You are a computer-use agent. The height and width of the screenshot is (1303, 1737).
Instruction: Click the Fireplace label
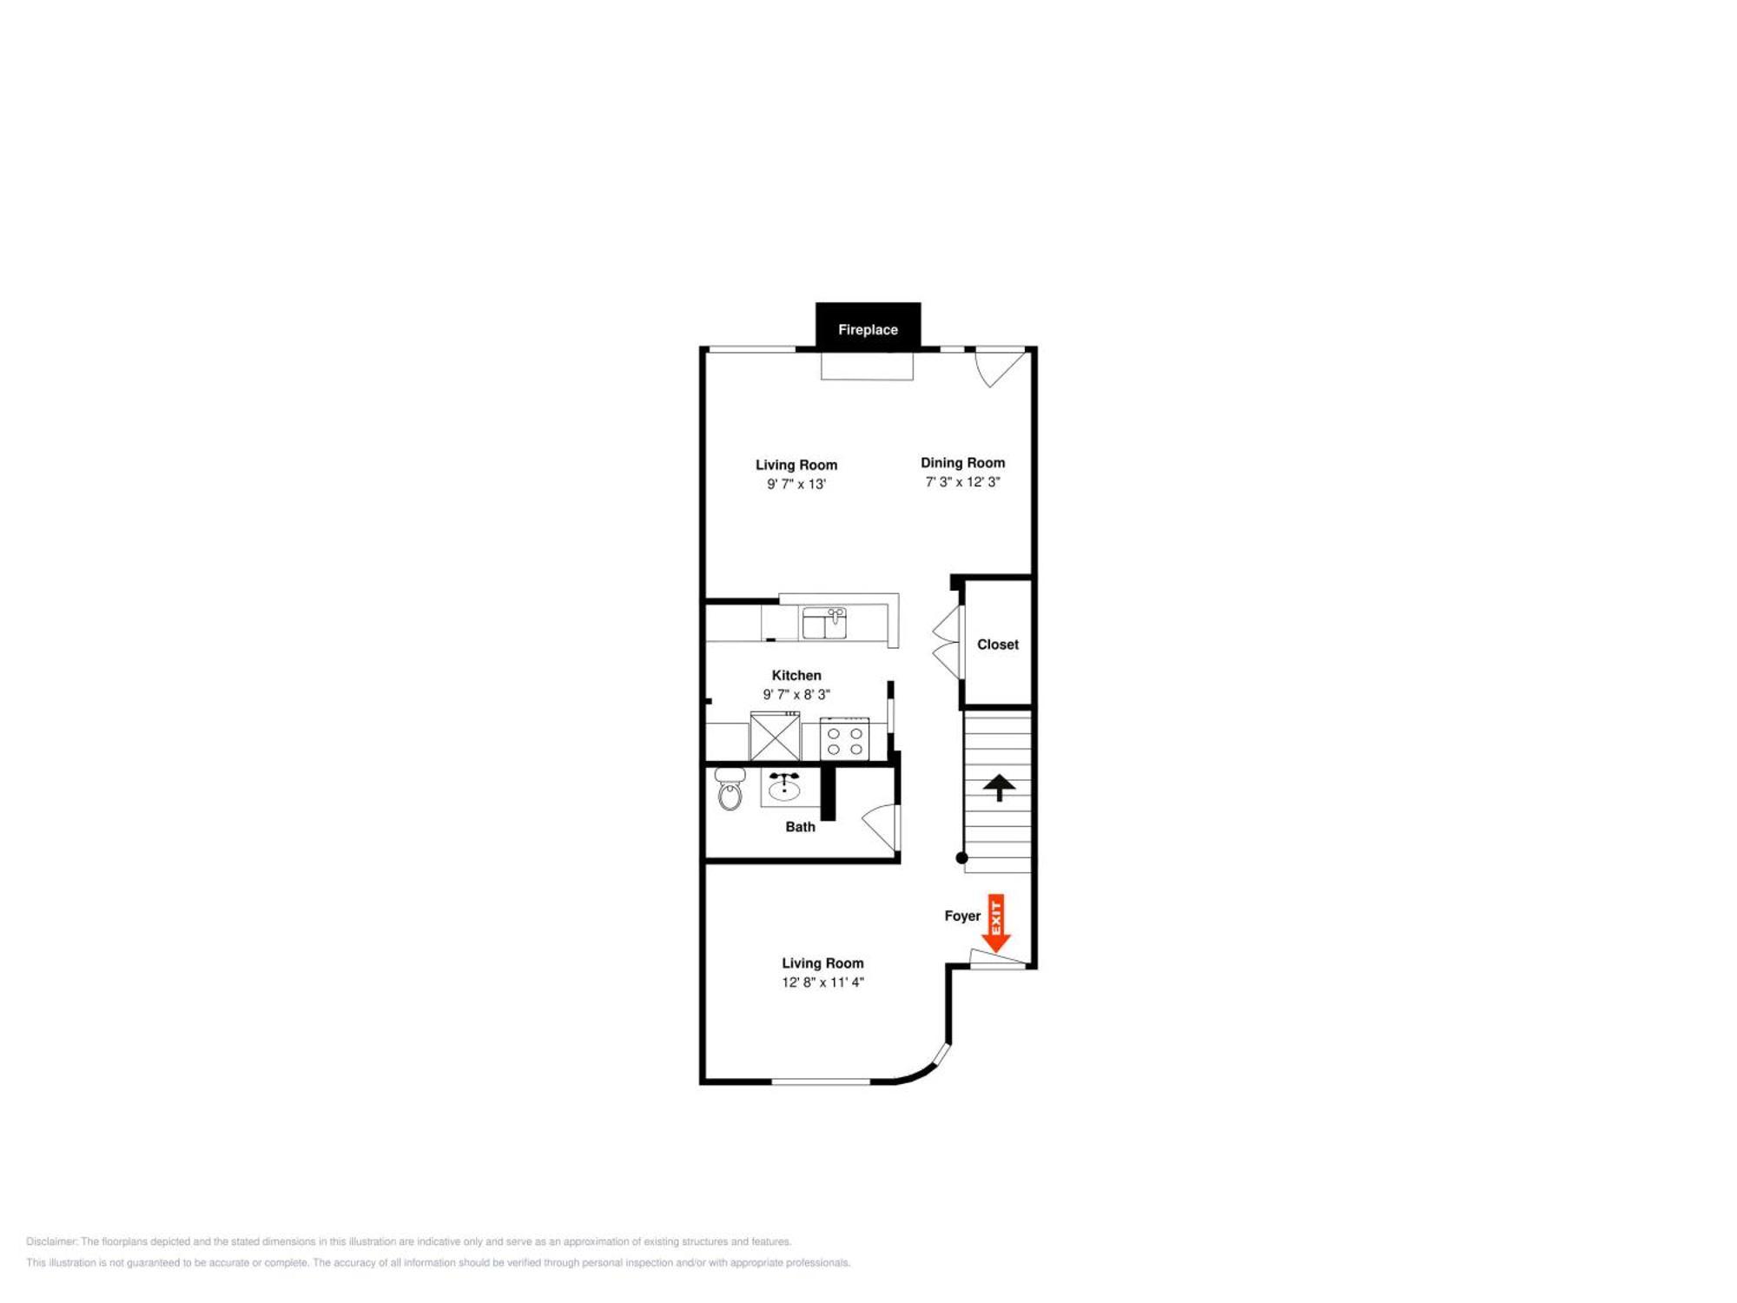(868, 329)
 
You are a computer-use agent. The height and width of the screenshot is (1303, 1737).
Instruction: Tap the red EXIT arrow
(995, 923)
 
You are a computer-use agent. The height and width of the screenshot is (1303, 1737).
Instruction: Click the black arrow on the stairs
(999, 787)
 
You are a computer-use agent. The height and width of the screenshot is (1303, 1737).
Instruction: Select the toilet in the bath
(730, 789)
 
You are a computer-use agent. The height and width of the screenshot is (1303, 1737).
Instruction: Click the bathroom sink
(784, 787)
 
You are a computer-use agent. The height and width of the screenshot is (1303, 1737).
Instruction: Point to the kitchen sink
(824, 623)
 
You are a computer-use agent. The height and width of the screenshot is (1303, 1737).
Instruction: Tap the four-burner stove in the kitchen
(844, 739)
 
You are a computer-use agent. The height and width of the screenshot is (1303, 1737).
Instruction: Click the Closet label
(997, 645)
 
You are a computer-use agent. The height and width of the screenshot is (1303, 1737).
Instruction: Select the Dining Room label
(962, 463)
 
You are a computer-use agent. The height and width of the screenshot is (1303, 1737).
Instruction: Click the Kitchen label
(796, 675)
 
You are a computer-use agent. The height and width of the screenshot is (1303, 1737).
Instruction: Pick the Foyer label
(961, 916)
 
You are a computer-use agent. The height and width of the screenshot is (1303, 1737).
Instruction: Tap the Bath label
(800, 827)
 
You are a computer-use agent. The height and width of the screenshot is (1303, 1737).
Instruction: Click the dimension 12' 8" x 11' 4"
(822, 982)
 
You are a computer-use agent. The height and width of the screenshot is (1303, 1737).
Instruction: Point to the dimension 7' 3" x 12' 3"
(962, 482)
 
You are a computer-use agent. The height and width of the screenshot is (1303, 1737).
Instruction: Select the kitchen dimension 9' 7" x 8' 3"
(796, 694)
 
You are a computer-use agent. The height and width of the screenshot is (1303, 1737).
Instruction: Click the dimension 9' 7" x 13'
(796, 484)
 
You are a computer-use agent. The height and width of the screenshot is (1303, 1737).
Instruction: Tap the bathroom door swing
(882, 826)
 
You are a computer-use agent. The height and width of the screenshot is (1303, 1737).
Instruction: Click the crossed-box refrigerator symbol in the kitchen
(775, 737)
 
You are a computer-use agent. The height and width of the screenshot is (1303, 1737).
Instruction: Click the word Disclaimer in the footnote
(51, 1241)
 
